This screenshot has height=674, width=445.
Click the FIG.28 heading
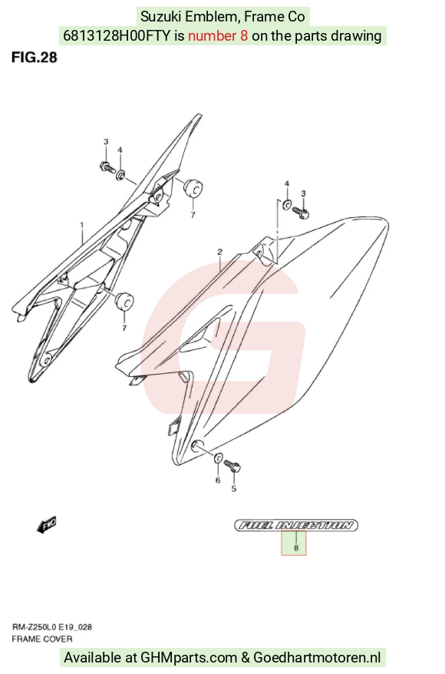tap(35, 57)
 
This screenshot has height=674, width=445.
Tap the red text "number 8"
tap(218, 35)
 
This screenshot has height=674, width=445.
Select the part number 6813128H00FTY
tap(117, 35)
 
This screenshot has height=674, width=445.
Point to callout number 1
tap(81, 224)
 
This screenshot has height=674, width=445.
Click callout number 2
tap(220, 252)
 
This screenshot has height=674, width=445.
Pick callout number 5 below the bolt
tap(234, 489)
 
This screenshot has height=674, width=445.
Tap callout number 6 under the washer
tap(218, 480)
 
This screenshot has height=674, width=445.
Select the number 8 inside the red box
tap(296, 547)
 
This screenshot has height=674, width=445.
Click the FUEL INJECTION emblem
tap(296, 525)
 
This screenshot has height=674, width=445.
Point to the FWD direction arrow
tap(46, 525)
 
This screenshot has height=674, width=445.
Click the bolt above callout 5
tap(232, 465)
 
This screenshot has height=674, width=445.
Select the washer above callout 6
tap(218, 459)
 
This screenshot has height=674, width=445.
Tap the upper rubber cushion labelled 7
tap(193, 188)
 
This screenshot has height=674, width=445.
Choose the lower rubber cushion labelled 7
tap(124, 301)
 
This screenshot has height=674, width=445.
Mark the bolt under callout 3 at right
tap(301, 213)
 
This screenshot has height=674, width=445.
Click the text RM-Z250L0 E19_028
tap(51, 627)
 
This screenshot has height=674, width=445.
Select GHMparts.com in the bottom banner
tap(189, 657)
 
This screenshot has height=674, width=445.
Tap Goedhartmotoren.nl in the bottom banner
tap(317, 657)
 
